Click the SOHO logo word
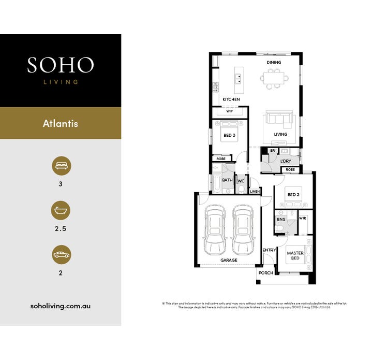coord(61,65)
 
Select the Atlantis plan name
coord(61,124)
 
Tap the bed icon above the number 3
coord(61,166)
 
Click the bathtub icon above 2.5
coord(61,211)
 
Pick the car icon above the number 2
coord(61,255)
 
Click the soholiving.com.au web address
coord(61,306)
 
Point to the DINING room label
coord(274,63)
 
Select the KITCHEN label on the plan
coord(231,99)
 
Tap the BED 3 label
coord(229,136)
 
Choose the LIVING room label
coord(280,135)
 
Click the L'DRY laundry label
coord(286,162)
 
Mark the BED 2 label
coord(293,195)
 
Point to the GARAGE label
coord(229,261)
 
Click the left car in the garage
coord(215,228)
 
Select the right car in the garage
coord(243,228)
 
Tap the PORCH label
coord(266,273)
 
